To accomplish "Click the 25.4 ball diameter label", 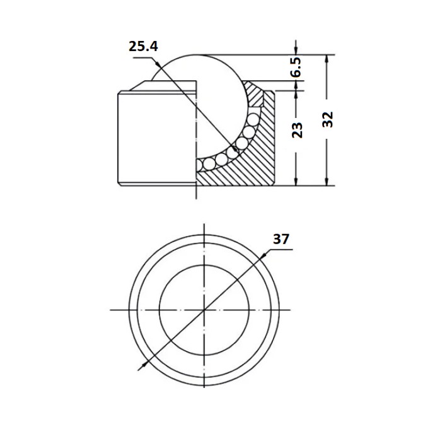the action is tap(143, 46).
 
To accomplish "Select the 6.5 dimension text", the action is tap(296, 68).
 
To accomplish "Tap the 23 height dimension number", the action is tap(297, 130).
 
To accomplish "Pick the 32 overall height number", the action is tap(327, 120).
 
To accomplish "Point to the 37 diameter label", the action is tap(281, 239).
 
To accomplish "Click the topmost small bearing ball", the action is tap(253, 119).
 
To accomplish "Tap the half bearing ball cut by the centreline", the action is tap(199, 165).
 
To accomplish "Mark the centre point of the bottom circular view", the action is tap(204, 310).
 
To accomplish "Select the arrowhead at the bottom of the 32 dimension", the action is tap(327, 181).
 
